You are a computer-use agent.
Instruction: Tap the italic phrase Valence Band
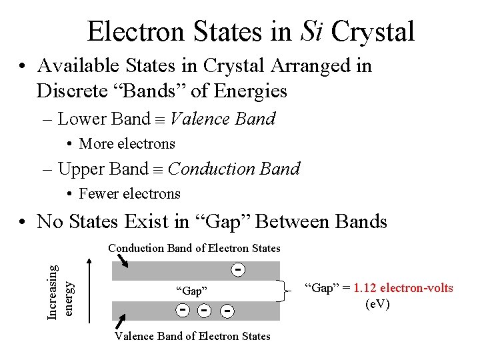click(223, 119)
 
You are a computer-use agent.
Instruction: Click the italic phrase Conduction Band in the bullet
click(234, 169)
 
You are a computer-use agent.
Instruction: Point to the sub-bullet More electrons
click(127, 144)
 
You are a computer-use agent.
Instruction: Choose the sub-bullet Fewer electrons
click(129, 194)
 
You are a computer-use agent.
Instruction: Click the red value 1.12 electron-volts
click(403, 288)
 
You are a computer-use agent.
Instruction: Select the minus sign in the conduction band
click(237, 269)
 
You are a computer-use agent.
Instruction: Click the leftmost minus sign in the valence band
click(181, 310)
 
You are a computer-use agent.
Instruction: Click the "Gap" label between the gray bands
click(191, 291)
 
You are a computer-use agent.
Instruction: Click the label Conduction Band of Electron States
click(194, 248)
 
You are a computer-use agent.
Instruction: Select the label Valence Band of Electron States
click(193, 336)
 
